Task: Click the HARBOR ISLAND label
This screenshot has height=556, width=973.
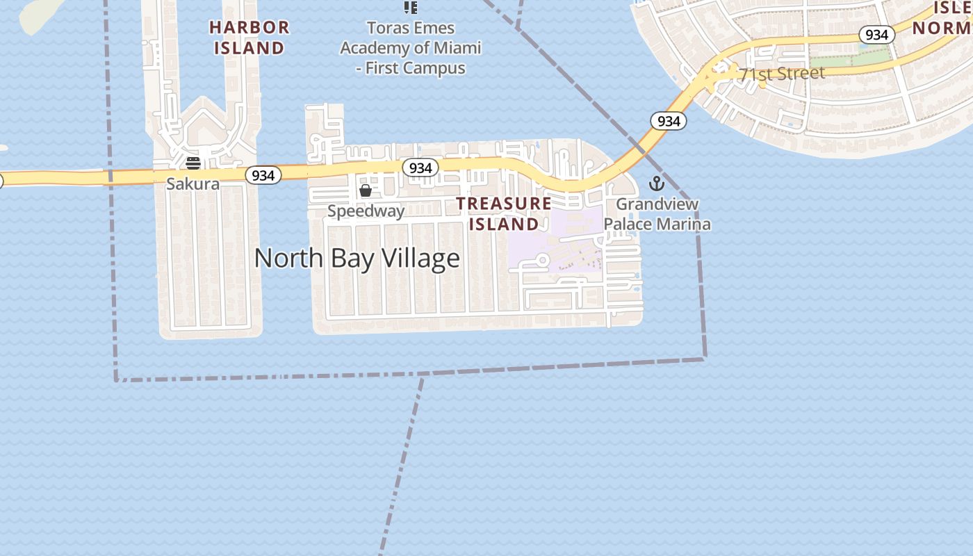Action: click(249, 38)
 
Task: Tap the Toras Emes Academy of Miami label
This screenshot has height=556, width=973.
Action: click(410, 48)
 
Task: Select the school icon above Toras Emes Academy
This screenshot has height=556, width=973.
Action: click(411, 8)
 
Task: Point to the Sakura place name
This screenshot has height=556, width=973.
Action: click(193, 184)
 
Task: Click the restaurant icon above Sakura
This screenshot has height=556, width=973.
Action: click(193, 163)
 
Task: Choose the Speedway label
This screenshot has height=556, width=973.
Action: click(366, 211)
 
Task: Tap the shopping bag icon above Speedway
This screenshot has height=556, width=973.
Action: click(366, 190)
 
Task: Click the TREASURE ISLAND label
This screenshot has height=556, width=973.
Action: click(504, 213)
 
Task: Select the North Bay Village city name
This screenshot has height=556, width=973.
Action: click(357, 258)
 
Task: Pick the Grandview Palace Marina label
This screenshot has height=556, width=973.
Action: click(657, 214)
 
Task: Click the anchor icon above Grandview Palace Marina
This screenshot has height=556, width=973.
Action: click(657, 183)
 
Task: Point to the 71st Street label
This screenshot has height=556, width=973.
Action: click(782, 74)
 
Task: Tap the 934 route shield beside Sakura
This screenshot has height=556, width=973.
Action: click(263, 175)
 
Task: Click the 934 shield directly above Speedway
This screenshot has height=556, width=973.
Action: click(420, 167)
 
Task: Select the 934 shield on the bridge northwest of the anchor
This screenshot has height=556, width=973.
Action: click(669, 121)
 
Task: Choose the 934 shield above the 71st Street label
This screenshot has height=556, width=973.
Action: click(876, 34)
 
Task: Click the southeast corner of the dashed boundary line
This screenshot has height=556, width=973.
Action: click(705, 359)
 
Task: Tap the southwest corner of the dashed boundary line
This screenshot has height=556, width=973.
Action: click(116, 380)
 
